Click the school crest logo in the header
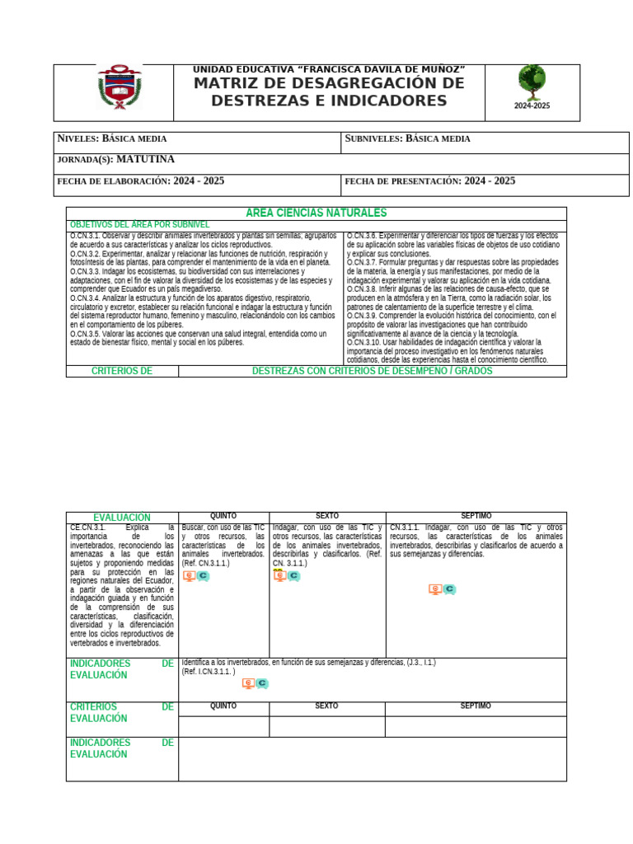point(120,87)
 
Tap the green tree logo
point(531,82)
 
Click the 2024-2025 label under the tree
point(532,106)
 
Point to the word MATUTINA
point(145,159)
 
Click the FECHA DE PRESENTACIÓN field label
point(402,181)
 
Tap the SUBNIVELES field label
point(373,138)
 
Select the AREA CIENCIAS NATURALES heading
point(316,213)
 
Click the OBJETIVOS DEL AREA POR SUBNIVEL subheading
point(139,224)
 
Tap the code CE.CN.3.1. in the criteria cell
point(88,527)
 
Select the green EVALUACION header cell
point(122,518)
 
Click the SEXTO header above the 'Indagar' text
point(327,516)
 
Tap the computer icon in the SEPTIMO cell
point(435,589)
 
